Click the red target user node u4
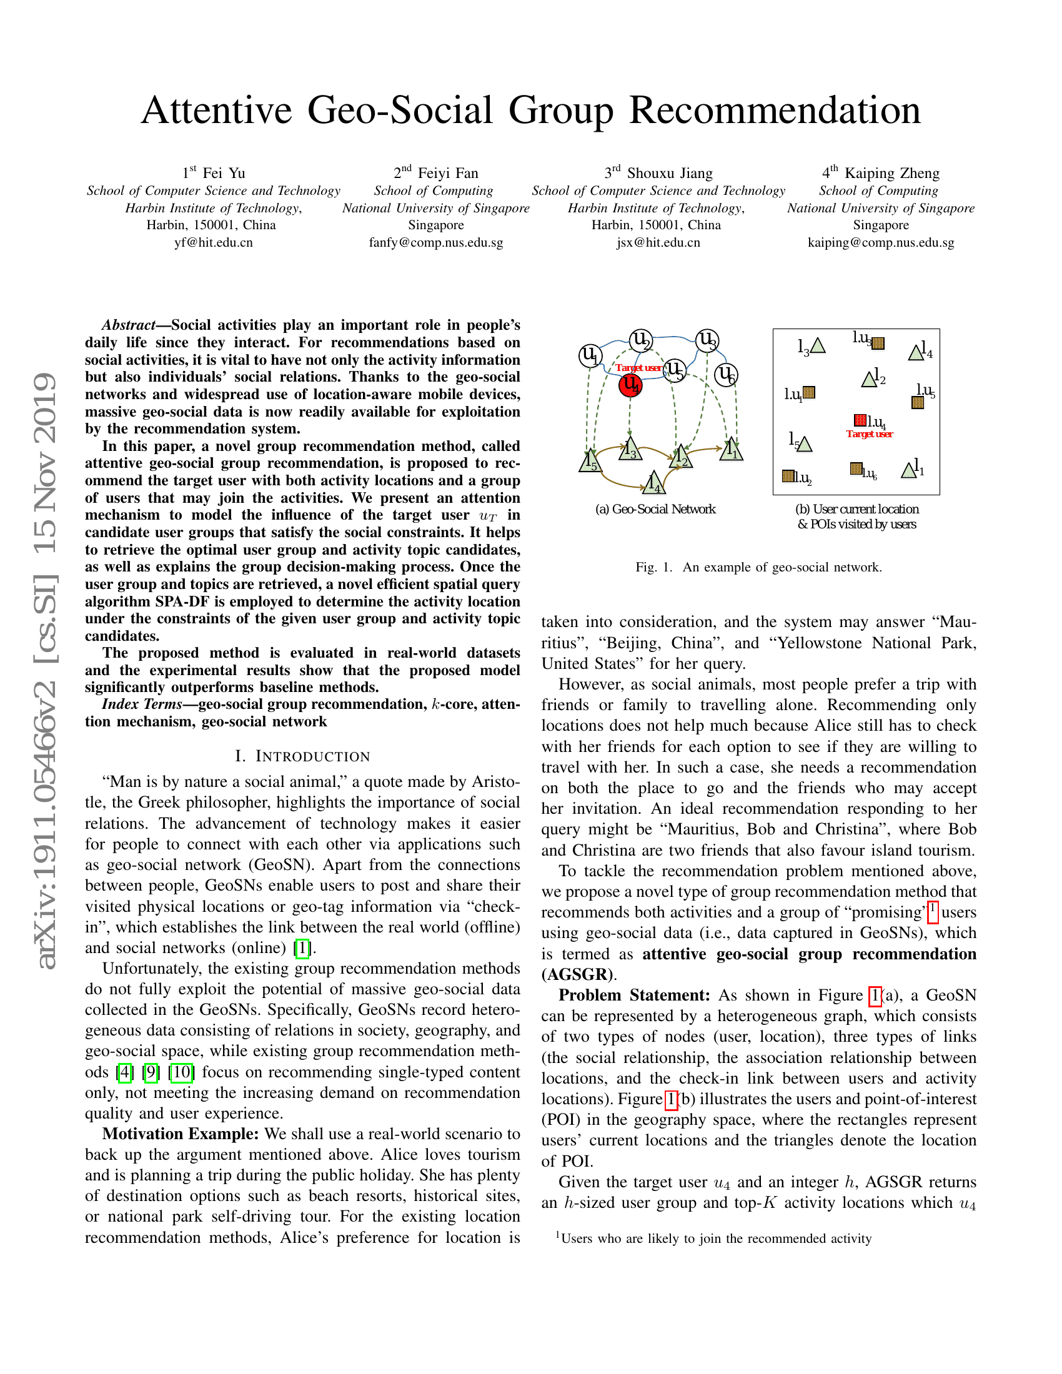630,385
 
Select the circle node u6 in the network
726,375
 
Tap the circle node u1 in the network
590,355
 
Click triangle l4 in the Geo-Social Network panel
654,482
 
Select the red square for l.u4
860,420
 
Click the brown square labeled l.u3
878,343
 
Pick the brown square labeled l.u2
788,476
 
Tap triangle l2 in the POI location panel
870,379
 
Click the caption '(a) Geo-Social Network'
655,509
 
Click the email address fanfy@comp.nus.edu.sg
436,242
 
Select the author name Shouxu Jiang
670,173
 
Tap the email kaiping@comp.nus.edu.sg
881,242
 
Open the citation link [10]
181,1072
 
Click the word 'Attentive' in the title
216,111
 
